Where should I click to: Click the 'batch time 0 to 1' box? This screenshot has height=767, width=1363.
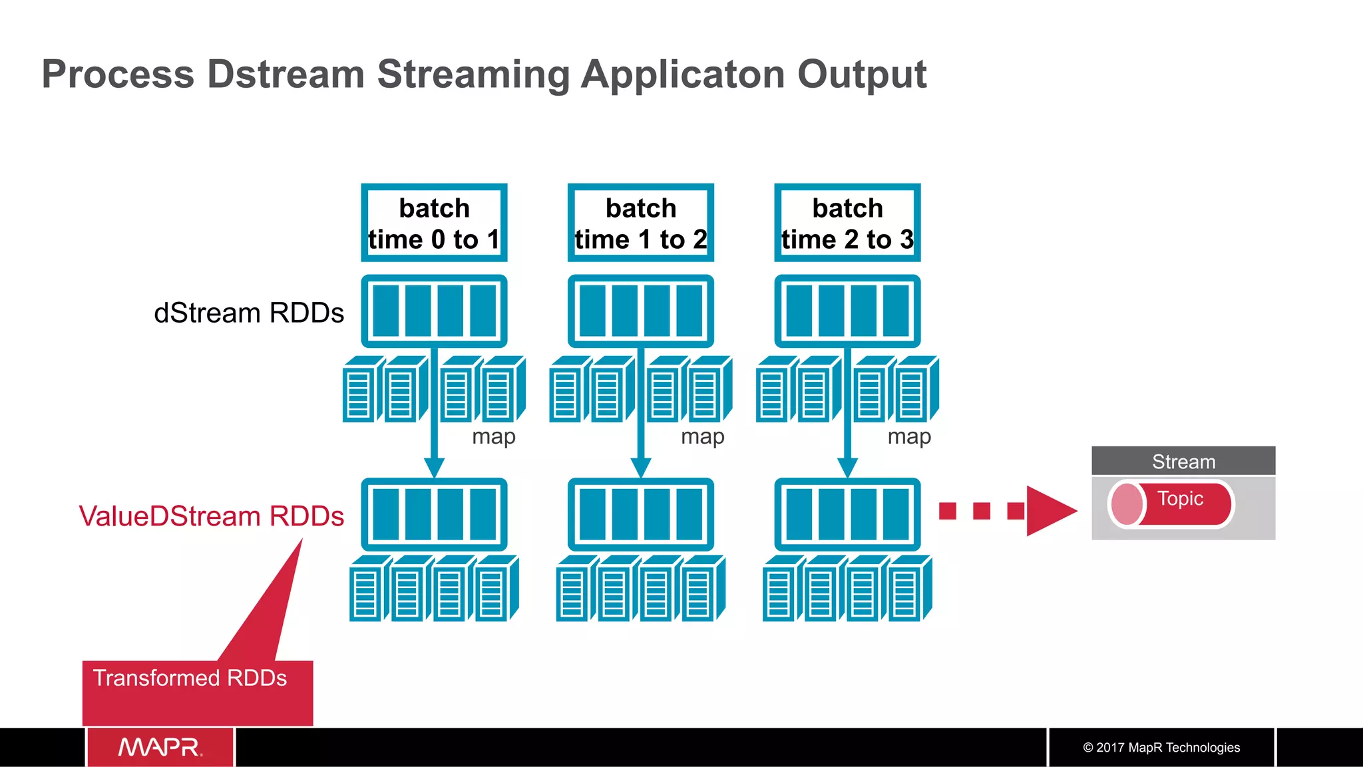click(434, 223)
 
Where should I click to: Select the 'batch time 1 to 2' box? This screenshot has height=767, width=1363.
click(640, 223)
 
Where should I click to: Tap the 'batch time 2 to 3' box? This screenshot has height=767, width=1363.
click(847, 223)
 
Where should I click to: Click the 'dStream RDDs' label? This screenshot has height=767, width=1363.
click(249, 313)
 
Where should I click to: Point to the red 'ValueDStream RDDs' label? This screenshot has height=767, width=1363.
click(211, 516)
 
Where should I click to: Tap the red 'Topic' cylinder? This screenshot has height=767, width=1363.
click(1172, 504)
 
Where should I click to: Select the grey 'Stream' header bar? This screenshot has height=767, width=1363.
click(1183, 461)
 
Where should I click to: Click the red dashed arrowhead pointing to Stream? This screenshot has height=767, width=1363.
click(1050, 511)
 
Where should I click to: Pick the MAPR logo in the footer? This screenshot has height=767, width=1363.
click(160, 747)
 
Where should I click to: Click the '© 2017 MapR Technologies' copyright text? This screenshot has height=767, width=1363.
click(1161, 747)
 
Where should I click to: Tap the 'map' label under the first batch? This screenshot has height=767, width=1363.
click(493, 436)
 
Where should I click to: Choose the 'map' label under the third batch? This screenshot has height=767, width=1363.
click(909, 436)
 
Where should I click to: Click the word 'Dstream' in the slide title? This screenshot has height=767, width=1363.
click(286, 74)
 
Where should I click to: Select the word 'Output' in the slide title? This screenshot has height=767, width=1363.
click(862, 74)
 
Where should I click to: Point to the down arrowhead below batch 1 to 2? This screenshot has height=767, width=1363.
click(640, 468)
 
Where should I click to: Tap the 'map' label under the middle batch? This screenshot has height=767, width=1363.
click(702, 436)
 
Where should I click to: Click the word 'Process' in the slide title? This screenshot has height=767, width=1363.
click(118, 74)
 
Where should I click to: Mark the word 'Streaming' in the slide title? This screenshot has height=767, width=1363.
click(473, 75)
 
